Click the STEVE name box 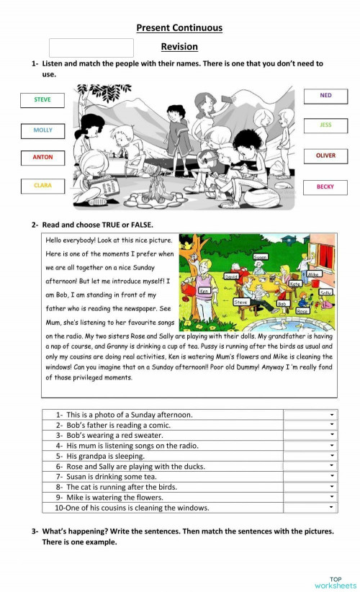tap(42, 100)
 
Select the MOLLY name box tap(42, 130)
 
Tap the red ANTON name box tap(42, 157)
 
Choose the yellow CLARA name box tap(42, 186)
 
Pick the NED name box tap(325, 96)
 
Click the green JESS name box tap(325, 125)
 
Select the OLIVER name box tap(325, 156)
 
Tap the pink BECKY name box tap(325, 187)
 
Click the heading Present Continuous tap(179, 28)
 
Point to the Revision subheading tap(179, 47)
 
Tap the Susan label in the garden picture tap(261, 256)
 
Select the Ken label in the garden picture tap(204, 290)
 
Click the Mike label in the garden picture tap(313, 274)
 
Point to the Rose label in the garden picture tap(302, 310)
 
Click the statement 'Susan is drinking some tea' tap(115, 477)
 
